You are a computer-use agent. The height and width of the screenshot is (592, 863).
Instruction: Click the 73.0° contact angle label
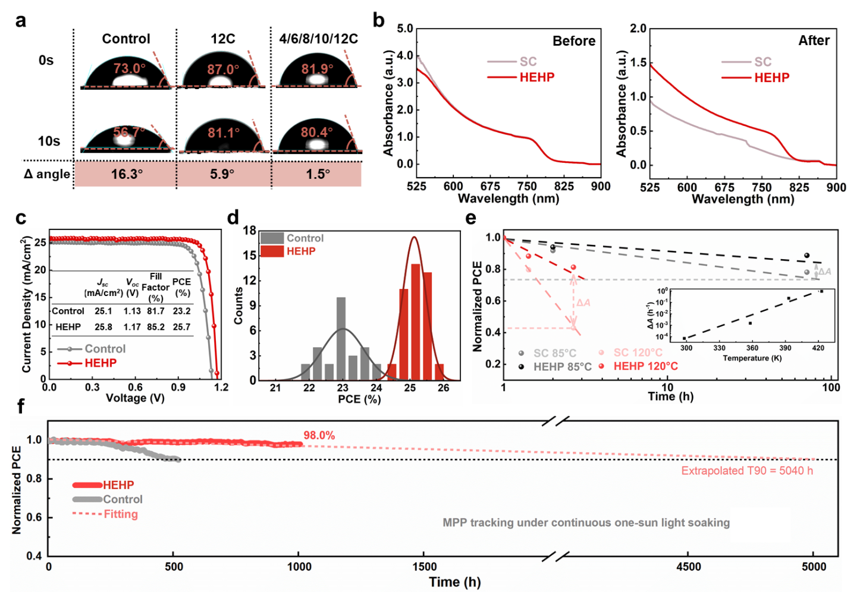(x=129, y=68)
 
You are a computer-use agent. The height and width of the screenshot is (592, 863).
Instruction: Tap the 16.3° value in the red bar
(x=126, y=174)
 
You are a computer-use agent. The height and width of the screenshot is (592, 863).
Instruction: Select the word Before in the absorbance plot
(x=573, y=41)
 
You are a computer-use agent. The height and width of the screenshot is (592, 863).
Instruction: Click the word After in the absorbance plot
(x=814, y=40)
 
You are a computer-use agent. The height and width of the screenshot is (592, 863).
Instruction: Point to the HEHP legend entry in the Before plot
(x=536, y=77)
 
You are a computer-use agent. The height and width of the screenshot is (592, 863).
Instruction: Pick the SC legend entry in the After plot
(x=762, y=62)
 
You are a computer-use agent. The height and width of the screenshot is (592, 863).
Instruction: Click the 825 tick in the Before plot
(x=563, y=186)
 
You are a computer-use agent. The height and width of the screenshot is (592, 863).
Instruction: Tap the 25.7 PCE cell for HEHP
(x=181, y=327)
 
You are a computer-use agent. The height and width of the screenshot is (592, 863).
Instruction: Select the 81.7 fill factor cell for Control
(x=156, y=311)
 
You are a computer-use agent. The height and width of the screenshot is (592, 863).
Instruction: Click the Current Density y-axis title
(x=26, y=304)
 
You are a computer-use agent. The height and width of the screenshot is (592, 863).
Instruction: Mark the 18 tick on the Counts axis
(x=250, y=231)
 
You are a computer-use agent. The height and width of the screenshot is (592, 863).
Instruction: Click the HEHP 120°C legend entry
(x=645, y=366)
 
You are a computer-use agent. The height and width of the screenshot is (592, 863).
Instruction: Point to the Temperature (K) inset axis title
(x=752, y=358)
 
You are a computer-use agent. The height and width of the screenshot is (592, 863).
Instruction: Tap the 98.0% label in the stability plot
(x=319, y=436)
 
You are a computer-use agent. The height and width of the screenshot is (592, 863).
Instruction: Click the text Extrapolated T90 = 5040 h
(x=747, y=471)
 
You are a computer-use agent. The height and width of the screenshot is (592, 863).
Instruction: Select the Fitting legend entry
(x=121, y=514)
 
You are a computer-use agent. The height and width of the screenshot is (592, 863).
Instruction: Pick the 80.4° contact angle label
(x=316, y=132)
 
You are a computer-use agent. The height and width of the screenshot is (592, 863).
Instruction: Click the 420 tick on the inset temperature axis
(x=818, y=348)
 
